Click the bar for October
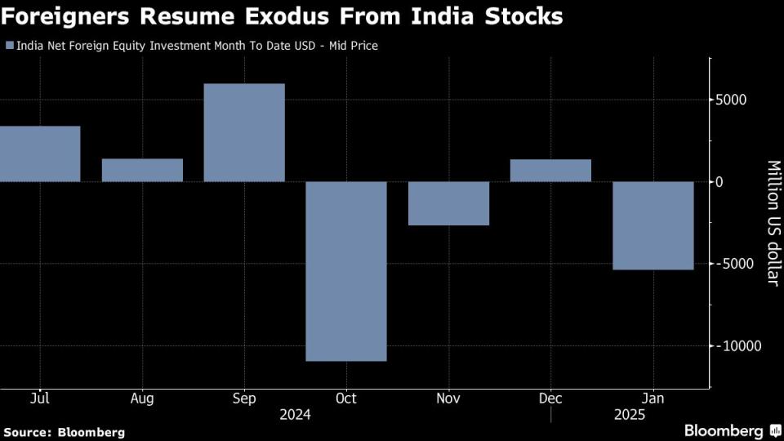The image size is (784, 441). point(345,270)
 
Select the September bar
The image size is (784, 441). point(243,132)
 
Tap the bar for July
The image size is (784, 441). point(40,154)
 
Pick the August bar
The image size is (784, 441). point(142,170)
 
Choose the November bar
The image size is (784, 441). point(448,203)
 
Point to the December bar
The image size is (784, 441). point(550,170)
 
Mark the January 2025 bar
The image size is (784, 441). point(653,225)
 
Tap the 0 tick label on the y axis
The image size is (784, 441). point(719,181)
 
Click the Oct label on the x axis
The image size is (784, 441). point(346,399)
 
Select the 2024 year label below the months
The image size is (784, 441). point(295,415)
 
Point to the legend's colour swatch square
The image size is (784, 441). point(9,46)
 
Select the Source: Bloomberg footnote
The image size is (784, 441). point(65,431)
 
